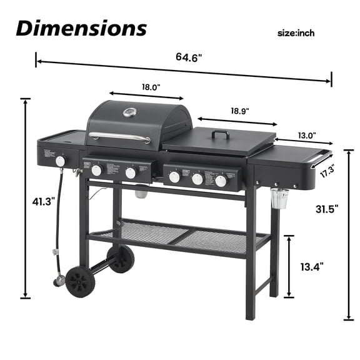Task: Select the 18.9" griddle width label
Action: click(239, 111)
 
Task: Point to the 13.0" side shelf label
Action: click(306, 134)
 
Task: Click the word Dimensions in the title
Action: click(81, 28)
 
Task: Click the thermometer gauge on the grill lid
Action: click(131, 113)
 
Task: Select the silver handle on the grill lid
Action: click(119, 137)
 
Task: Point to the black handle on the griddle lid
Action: click(221, 133)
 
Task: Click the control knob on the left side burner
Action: click(60, 161)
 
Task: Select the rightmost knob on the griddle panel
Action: click(221, 181)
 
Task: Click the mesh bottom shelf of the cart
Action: click(181, 234)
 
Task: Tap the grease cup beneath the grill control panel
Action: click(141, 193)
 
